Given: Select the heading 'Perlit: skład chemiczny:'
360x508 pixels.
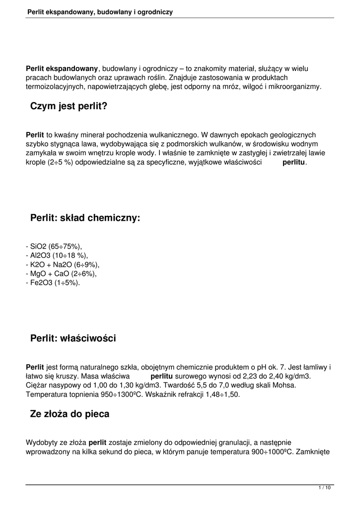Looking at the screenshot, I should (x=85, y=217).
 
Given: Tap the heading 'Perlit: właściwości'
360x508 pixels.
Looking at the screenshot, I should (x=73, y=338).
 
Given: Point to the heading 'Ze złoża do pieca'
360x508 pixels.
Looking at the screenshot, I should (x=70, y=414).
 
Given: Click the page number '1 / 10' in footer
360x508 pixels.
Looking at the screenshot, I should (x=324, y=488).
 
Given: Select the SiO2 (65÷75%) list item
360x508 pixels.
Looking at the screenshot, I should (x=54, y=247).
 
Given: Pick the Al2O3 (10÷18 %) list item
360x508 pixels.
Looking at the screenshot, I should (x=56, y=255).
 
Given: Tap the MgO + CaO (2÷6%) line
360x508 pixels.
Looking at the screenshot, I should (x=61, y=273).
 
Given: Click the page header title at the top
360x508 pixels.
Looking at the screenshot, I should (x=100, y=11).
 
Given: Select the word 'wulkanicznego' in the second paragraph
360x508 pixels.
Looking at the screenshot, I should (x=176, y=134).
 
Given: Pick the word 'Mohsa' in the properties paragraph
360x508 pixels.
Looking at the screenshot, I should (x=286, y=385).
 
